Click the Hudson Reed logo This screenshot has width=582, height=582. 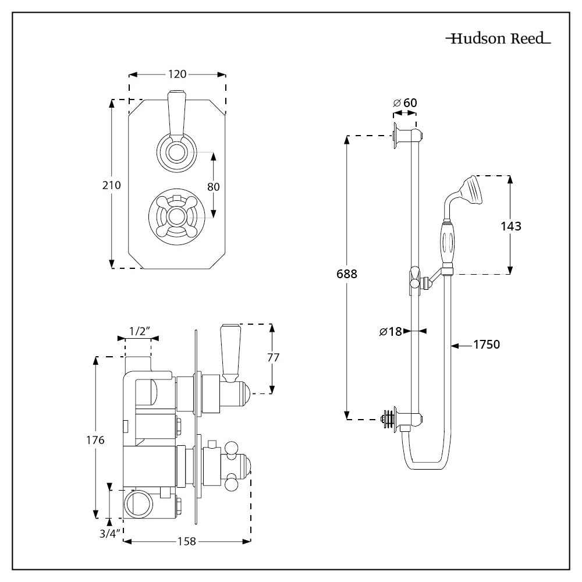point(498,40)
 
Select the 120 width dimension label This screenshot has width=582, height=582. point(177,74)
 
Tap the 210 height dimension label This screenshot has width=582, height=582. point(111,185)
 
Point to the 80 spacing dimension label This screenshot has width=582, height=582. point(214,187)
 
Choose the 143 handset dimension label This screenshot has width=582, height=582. point(510,226)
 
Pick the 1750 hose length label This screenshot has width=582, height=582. point(487,345)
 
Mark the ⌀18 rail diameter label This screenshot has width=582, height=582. point(391,331)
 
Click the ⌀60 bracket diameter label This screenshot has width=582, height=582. point(405,103)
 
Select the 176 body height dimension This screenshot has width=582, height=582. point(95,440)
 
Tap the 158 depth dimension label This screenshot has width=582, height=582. point(187,542)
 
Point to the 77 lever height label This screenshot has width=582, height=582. point(271,358)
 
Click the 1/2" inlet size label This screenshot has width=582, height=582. point(139,331)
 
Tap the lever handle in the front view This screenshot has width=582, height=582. point(176,113)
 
